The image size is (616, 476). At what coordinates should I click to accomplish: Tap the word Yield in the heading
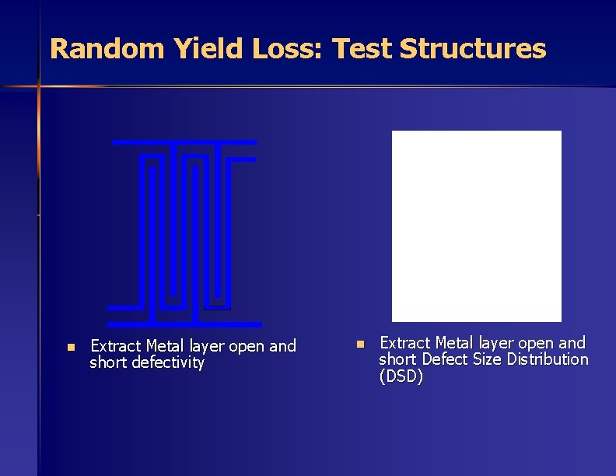pyautogui.click(x=202, y=49)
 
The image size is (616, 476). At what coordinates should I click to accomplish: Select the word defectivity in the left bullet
pyautogui.click(x=166, y=363)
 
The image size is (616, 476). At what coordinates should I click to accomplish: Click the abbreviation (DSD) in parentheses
pyautogui.click(x=401, y=377)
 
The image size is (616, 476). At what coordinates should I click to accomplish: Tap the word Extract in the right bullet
pyautogui.click(x=404, y=343)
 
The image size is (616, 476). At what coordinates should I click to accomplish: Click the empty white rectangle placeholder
pyautogui.click(x=476, y=226)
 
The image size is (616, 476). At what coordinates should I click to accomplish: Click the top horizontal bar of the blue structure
pyautogui.click(x=184, y=142)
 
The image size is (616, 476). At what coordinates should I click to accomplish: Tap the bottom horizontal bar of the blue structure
pyautogui.click(x=184, y=324)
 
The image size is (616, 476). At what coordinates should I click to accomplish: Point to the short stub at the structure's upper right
pyautogui.click(x=243, y=159)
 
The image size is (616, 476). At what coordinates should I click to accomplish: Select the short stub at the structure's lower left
pyautogui.click(x=123, y=307)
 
